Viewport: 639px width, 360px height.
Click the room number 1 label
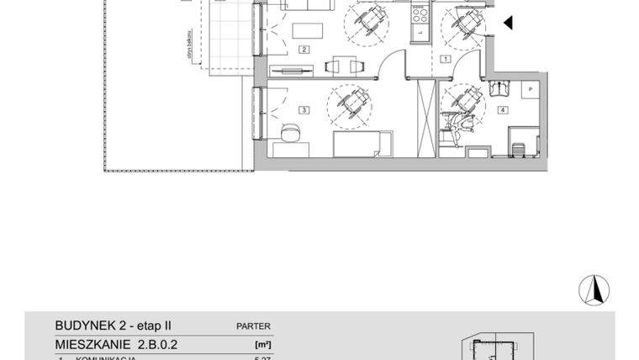[x=445, y=59]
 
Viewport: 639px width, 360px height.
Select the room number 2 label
[x=304, y=49]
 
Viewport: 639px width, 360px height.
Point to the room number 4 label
[x=503, y=109]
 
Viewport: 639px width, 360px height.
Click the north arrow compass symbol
[x=594, y=289]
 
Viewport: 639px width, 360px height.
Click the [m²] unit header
[x=262, y=343]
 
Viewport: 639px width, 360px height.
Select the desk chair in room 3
[x=290, y=133]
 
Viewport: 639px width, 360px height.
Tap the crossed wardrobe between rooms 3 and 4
[x=423, y=117]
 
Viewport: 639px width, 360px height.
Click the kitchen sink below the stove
[x=418, y=32]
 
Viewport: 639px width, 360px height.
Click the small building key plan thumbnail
[x=495, y=347]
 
